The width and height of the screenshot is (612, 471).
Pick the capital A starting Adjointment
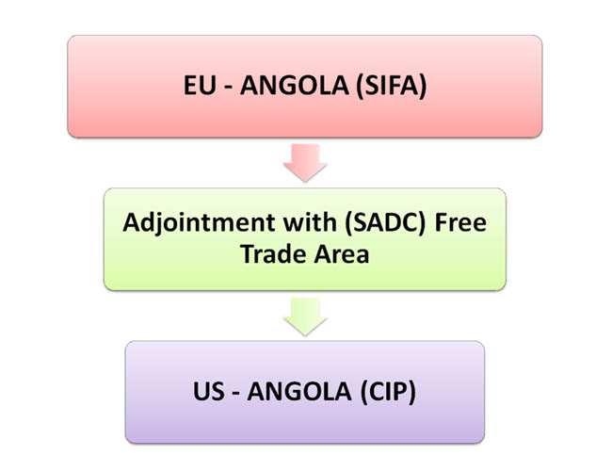tap(131, 226)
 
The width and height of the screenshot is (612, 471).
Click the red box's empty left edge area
tap(104, 87)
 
